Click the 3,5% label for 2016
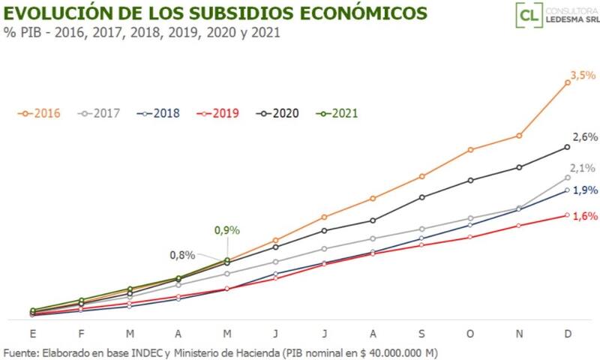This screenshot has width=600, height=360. tap(583, 75)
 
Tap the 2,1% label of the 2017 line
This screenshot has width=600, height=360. tap(583, 168)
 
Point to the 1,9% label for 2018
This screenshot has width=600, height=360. tap(585, 190)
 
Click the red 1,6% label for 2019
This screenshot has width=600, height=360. tap(585, 216)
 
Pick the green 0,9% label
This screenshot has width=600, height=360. tap(226, 230)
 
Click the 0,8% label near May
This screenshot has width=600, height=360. tap(182, 255)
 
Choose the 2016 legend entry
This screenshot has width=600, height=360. tap(40, 113)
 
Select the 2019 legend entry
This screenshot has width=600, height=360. tap(218, 113)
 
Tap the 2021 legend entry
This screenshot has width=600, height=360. tap(337, 113)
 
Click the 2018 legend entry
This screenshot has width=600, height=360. tap(159, 113)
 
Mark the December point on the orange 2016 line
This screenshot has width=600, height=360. tap(567, 82)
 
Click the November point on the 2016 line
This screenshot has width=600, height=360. tap(519, 136)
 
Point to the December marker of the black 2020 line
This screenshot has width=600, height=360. tap(567, 147)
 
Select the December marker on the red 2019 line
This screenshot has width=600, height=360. tap(567, 215)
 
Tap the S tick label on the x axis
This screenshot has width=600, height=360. tap(421, 333)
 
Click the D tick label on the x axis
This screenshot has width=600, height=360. tap(567, 333)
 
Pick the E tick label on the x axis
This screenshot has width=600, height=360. tap(32, 333)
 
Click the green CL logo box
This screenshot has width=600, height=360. tap(529, 15)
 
